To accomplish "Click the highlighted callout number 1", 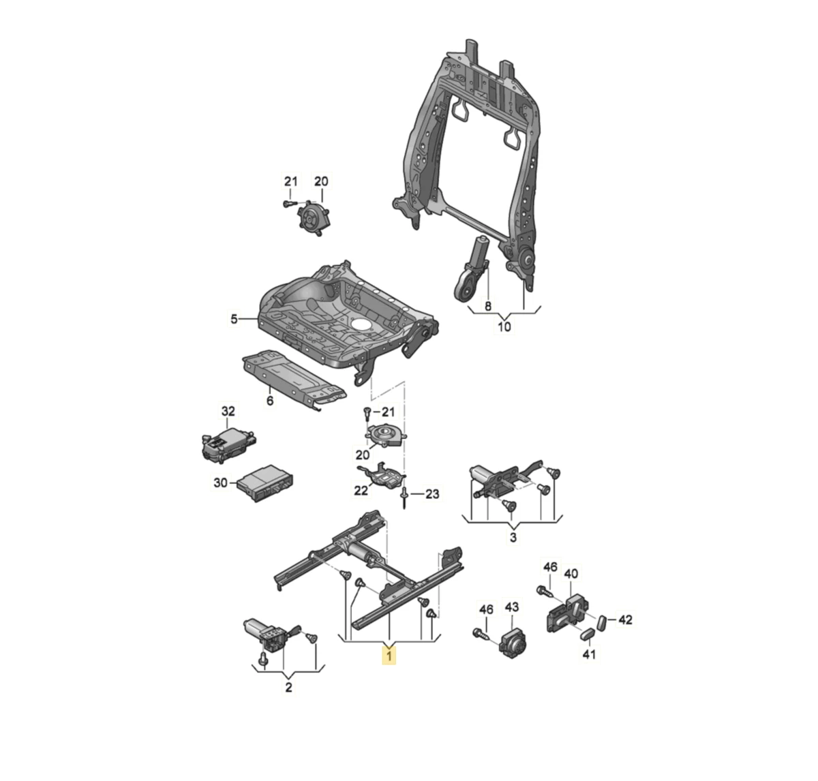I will coord(389,656).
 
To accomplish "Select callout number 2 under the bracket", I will coord(288,688).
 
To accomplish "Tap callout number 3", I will coord(513,538).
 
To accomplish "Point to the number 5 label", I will coord(234,318).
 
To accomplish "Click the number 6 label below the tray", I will coord(270,401).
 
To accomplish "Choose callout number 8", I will coord(487,306).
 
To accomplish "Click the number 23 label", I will coord(433,495).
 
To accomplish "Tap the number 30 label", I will coord(220,483).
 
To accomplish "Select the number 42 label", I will coord(625,619).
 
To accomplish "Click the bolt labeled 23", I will coord(405,496).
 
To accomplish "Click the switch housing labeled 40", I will coord(566,611).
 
